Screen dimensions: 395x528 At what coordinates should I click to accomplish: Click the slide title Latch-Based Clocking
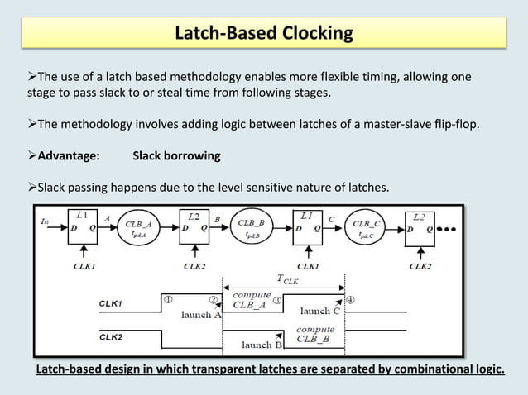pyautogui.click(x=264, y=34)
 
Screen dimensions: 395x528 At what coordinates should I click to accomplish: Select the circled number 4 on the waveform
pyautogui.click(x=351, y=300)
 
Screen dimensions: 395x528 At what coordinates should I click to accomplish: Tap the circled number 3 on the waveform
pyautogui.click(x=278, y=300)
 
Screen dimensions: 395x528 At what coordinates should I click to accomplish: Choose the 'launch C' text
pyautogui.click(x=319, y=312)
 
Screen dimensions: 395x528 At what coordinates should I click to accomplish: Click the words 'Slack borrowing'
pyautogui.click(x=176, y=155)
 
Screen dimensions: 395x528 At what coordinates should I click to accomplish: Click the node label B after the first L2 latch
pyautogui.click(x=217, y=219)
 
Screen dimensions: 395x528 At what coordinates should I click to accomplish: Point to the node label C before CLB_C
pyautogui.click(x=331, y=219)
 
